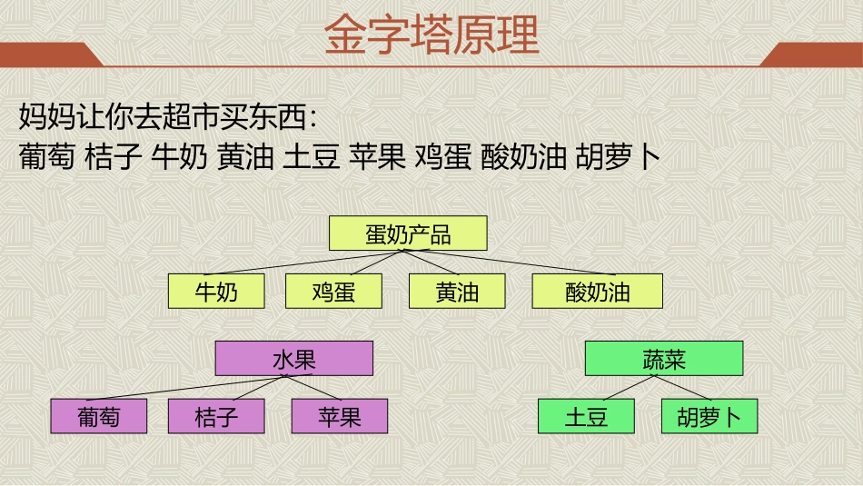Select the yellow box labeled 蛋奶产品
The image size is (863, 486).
click(x=408, y=233)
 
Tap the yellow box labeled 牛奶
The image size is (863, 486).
click(x=216, y=292)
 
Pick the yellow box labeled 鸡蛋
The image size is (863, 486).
click(x=333, y=292)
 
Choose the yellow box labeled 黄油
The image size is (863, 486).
click(x=457, y=292)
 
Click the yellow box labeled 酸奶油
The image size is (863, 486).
click(x=597, y=292)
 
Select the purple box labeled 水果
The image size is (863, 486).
click(x=294, y=359)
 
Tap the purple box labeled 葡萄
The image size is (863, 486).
click(x=98, y=416)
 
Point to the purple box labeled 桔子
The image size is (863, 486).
click(x=216, y=416)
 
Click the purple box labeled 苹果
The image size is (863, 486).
click(x=340, y=416)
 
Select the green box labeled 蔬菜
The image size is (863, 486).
click(x=664, y=359)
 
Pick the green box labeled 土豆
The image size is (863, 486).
click(x=586, y=416)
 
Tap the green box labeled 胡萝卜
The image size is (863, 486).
click(x=709, y=416)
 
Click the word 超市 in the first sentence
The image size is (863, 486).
click(x=190, y=116)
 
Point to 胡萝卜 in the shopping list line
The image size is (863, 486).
click(x=618, y=157)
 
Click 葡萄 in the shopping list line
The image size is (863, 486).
click(x=46, y=157)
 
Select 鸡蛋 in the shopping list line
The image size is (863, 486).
click(x=442, y=157)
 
